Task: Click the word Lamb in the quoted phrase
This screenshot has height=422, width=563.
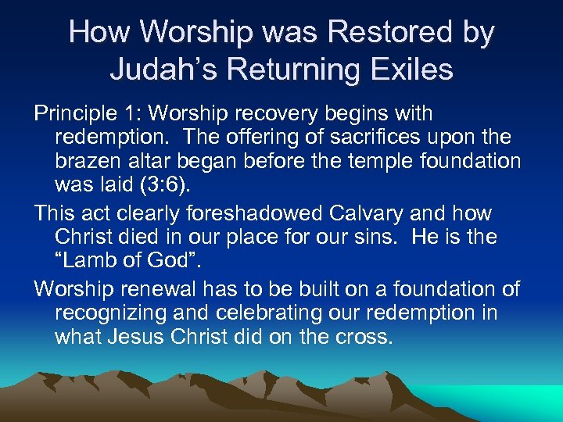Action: (97, 260)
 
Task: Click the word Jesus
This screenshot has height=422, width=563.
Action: (145, 337)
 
